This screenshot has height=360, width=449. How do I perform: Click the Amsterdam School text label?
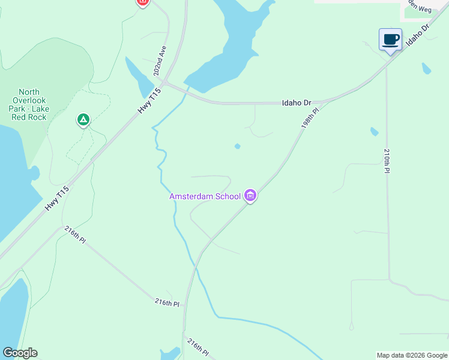(x=205, y=196)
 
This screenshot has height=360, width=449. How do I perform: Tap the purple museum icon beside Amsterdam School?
(x=251, y=196)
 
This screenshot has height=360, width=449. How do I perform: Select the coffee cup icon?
(x=390, y=40)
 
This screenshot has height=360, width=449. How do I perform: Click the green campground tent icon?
(x=83, y=121)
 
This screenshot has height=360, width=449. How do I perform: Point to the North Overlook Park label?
(x=29, y=100)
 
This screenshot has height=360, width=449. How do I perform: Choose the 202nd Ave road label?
(x=160, y=60)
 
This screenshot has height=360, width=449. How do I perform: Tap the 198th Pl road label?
(x=309, y=116)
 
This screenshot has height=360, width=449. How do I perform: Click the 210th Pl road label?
(x=387, y=161)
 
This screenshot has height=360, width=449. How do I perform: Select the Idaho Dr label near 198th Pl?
(x=297, y=103)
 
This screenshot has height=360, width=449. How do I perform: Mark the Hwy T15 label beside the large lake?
(x=58, y=199)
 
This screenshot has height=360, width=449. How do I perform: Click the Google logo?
(x=20, y=353)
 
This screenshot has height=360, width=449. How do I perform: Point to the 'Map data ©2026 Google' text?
(x=412, y=355)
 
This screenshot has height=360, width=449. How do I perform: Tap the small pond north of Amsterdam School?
(x=238, y=146)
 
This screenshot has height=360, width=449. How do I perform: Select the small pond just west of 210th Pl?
(x=374, y=131)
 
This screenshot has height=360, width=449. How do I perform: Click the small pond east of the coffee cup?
(x=426, y=68)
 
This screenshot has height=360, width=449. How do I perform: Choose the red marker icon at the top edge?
(x=142, y=2)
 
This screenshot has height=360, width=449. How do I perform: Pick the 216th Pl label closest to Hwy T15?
(x=75, y=235)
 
